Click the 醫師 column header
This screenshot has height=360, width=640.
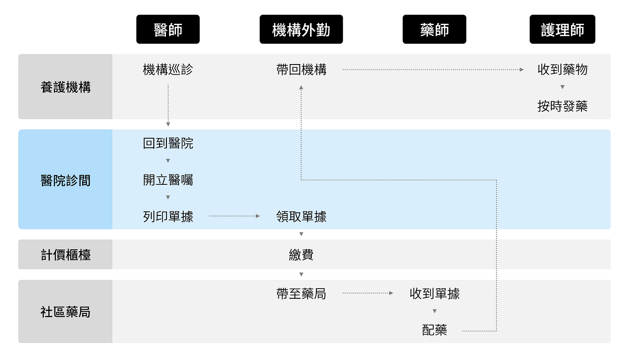168,29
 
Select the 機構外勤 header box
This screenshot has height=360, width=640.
301,29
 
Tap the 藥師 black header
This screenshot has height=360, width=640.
434,29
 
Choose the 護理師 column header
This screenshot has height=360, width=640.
562,29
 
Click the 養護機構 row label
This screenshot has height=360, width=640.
65,87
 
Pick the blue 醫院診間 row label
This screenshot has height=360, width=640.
65,180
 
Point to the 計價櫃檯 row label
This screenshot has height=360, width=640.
65,255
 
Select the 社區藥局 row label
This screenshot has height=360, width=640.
65,312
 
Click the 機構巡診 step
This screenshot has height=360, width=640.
168,70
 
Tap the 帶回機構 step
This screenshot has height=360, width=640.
301,70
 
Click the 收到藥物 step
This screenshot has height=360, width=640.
562,70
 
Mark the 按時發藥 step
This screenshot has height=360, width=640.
562,106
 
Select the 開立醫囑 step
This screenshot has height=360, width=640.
168,180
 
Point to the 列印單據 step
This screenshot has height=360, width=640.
168,216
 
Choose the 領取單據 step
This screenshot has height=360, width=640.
301,216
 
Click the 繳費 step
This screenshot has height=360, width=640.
301,255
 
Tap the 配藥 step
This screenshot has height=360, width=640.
434,330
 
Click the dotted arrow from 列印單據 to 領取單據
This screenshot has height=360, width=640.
234,216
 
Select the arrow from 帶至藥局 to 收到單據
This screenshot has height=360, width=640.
368,293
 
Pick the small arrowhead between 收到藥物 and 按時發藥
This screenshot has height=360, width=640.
562,87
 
